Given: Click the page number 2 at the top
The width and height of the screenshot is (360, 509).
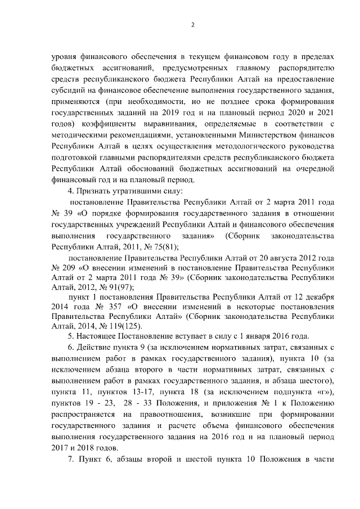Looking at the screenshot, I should point(192,25).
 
